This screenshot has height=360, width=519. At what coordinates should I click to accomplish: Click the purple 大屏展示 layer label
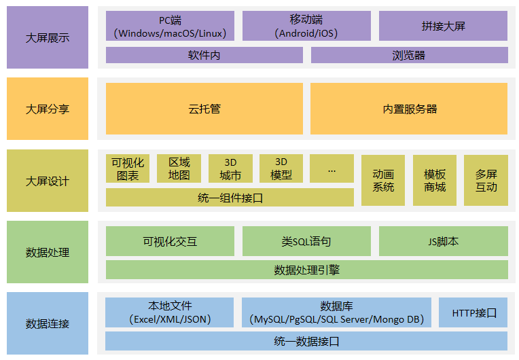pos(48,38)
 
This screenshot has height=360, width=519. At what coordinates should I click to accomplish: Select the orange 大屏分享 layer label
pos(48,109)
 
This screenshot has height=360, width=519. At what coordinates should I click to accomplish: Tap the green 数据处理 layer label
pos(48,252)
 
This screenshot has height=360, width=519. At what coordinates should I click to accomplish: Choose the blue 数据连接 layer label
pos(48,323)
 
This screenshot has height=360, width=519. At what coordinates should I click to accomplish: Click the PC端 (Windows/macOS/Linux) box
pos(170,26)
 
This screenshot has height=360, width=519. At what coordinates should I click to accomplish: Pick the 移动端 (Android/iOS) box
pos(306,26)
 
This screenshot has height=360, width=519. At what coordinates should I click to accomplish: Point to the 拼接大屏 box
pos(443,26)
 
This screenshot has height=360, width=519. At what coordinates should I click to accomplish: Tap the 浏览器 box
pos(409,55)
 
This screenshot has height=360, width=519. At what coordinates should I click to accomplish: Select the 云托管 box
pos(204,109)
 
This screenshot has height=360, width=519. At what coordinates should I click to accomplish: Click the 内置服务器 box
pos(409,109)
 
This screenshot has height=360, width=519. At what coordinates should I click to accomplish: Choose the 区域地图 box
pos(179,168)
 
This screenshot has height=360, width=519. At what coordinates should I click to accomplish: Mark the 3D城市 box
pos(230,168)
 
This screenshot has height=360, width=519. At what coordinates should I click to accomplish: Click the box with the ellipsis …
pos(332,168)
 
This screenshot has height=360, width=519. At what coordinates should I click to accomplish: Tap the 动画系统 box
pos(383,180)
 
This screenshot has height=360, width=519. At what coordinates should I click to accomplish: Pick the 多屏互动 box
pos(486,180)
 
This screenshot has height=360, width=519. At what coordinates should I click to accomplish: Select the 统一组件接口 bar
pos(230,198)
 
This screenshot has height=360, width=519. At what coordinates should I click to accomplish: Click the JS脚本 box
pos(443,241)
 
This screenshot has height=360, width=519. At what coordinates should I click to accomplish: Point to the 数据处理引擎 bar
pos(306,270)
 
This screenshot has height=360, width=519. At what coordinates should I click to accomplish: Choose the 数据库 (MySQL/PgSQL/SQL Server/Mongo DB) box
pos(336,312)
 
